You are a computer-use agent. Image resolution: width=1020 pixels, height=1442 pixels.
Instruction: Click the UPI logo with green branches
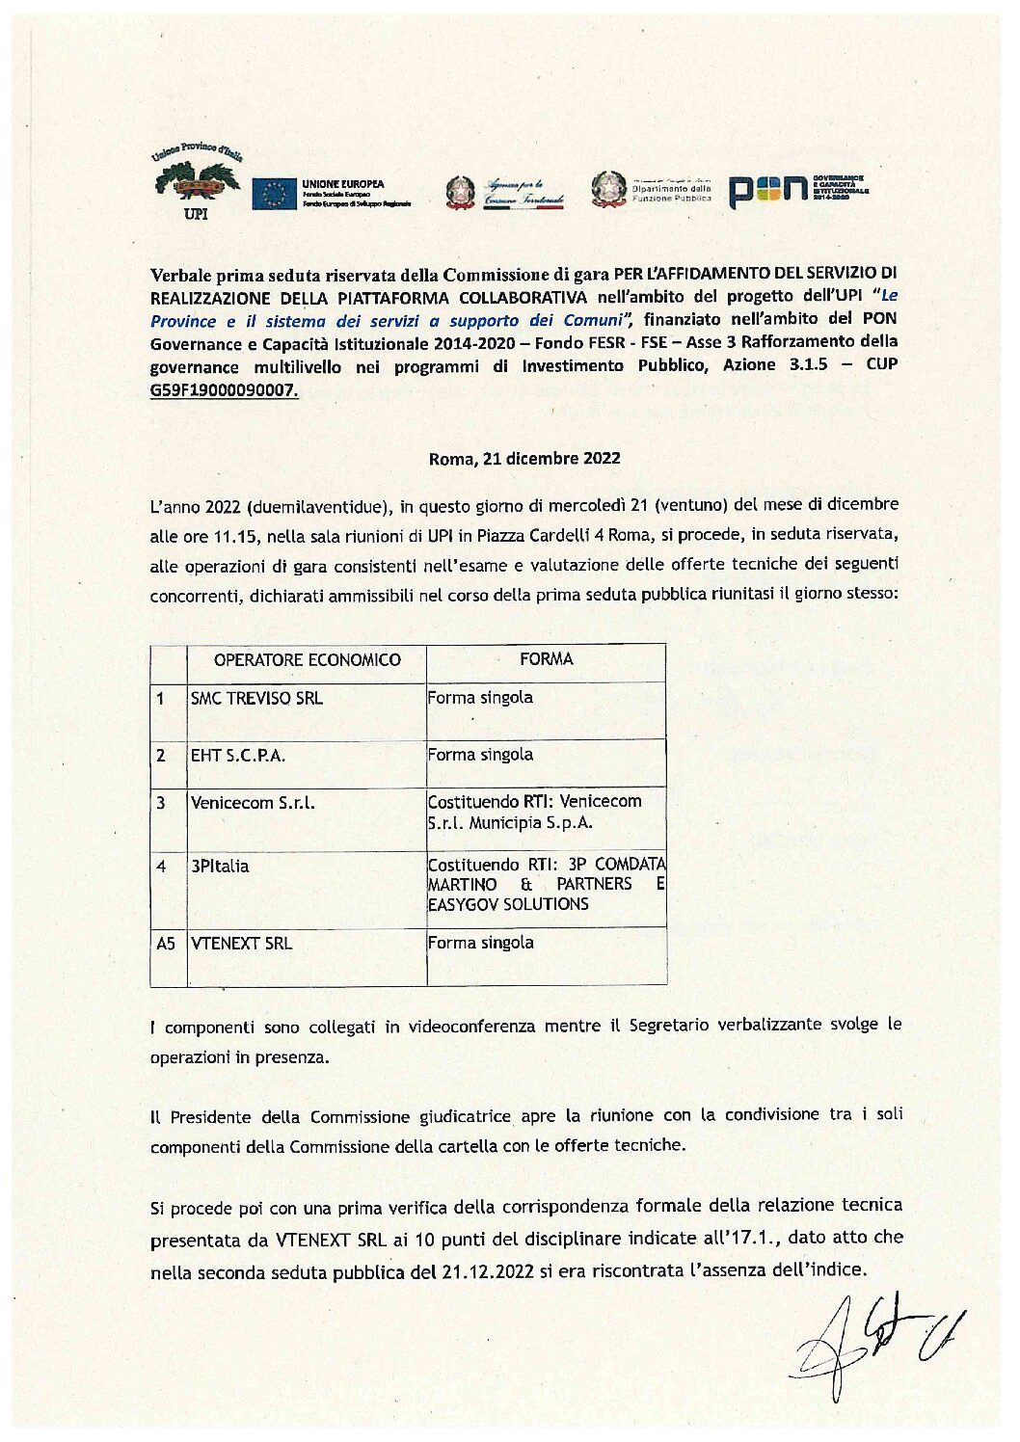[196, 182]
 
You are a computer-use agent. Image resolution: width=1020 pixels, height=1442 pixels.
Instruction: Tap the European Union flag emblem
[274, 194]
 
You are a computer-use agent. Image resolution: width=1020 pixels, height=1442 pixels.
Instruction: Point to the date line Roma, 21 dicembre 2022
[524, 459]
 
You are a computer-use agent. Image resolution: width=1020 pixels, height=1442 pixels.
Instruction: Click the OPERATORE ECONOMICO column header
[307, 660]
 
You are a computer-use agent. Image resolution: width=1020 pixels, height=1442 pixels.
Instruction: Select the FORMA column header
[546, 659]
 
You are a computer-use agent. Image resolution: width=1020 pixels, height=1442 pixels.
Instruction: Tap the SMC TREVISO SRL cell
[256, 699]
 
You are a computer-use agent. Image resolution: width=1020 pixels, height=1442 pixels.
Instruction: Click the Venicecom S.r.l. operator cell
[253, 803]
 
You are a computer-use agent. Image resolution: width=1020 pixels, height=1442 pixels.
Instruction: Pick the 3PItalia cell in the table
[220, 867]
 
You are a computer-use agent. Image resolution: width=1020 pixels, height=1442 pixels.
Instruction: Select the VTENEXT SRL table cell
[241, 944]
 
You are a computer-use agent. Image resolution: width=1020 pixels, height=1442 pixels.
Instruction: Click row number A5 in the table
[166, 944]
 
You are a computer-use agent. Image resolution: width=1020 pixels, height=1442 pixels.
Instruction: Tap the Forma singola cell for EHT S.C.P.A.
[480, 755]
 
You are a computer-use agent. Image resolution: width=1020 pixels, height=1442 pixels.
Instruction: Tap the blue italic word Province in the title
[183, 321]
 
